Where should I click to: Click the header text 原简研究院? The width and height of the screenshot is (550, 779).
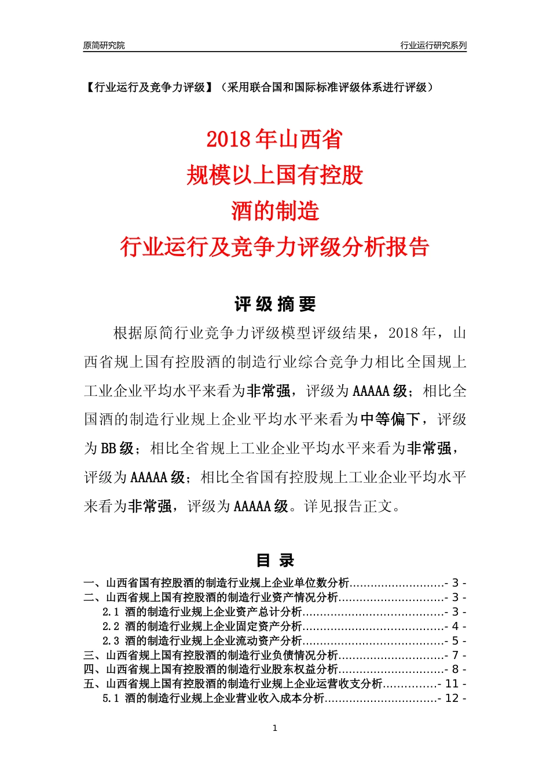pyautogui.click(x=104, y=45)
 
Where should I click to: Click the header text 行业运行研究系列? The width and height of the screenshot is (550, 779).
pyautogui.click(x=433, y=45)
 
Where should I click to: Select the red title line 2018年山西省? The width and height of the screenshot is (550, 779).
pyautogui.click(x=274, y=139)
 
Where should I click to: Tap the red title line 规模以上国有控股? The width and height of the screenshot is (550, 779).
pyautogui.click(x=274, y=175)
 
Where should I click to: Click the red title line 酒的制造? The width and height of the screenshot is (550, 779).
pyautogui.click(x=275, y=211)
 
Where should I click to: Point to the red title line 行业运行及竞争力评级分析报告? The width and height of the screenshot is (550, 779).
pyautogui.click(x=274, y=247)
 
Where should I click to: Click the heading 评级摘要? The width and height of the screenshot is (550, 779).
pyautogui.click(x=275, y=304)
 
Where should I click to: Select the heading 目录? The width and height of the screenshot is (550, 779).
pyautogui.click(x=275, y=560)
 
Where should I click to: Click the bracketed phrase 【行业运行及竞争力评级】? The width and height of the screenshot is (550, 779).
pyautogui.click(x=148, y=88)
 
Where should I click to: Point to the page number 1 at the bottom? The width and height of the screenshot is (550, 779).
pyautogui.click(x=275, y=728)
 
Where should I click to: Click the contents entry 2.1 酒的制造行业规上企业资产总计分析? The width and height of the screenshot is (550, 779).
pyautogui.click(x=203, y=612)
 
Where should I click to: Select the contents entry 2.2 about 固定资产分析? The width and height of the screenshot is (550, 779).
pyautogui.click(x=203, y=627)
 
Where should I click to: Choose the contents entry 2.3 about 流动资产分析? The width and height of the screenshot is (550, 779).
pyautogui.click(x=203, y=641)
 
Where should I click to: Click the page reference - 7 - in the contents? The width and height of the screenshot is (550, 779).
pyautogui.click(x=455, y=656)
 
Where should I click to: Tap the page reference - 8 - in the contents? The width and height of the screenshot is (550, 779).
pyautogui.click(x=455, y=670)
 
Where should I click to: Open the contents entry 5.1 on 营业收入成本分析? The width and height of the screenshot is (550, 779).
pyautogui.click(x=214, y=698)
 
